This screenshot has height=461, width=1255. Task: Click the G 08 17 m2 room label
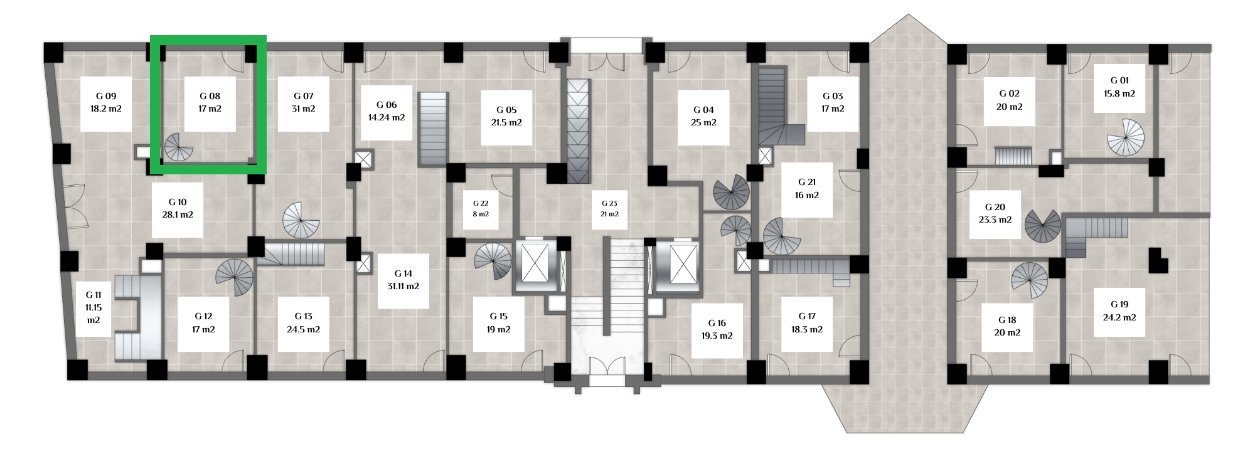[x=210, y=102]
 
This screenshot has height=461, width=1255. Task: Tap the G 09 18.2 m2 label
[x=106, y=102]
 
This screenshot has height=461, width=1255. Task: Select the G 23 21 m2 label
[x=609, y=209]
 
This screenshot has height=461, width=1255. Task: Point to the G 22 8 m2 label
[x=481, y=209]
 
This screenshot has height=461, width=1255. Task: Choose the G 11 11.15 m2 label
[x=93, y=307]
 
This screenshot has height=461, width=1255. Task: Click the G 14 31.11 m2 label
[x=403, y=280]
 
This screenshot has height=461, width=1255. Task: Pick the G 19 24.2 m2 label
[x=1119, y=311]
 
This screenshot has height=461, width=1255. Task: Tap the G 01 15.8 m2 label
[x=1119, y=87]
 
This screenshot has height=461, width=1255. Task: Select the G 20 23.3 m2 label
[x=995, y=213]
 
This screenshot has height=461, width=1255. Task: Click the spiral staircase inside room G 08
[x=178, y=147]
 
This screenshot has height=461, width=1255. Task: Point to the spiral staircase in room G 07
[x=301, y=220]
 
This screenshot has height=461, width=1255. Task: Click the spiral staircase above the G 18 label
[x=1030, y=280]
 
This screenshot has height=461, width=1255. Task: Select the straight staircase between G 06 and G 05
[x=433, y=129]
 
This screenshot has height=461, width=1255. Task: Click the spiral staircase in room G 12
[x=235, y=277]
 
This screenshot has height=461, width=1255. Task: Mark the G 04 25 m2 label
[x=703, y=116]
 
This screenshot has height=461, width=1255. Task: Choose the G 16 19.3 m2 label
[x=717, y=329]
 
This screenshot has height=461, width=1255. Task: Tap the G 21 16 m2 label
[x=807, y=189]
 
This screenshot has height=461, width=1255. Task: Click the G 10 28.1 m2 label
[x=178, y=208]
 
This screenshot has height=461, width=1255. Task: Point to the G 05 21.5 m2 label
[x=506, y=116]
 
